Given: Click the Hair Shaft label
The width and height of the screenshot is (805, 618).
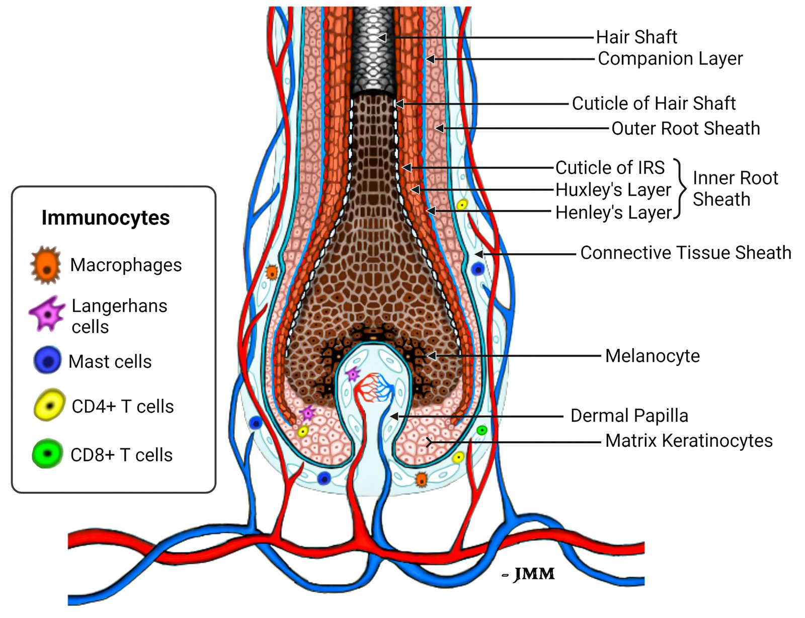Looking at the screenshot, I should [x=636, y=37].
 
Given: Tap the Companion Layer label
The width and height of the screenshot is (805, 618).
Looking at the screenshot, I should [x=670, y=59].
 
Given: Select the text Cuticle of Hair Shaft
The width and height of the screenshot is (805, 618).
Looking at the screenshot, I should [x=654, y=104].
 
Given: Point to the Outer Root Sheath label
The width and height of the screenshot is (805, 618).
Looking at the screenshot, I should [x=685, y=129].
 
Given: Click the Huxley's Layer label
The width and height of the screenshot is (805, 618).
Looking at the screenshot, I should [x=613, y=190].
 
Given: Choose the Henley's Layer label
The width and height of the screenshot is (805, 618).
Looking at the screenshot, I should [x=614, y=213].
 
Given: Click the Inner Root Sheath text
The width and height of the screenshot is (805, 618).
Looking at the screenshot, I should [x=735, y=189].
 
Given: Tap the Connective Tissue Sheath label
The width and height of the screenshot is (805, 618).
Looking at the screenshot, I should [x=686, y=253].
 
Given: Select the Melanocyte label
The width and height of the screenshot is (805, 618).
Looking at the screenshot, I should [x=653, y=356].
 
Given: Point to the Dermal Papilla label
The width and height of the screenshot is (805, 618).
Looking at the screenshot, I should [x=629, y=416].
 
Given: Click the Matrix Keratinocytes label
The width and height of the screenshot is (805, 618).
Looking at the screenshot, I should [x=689, y=441].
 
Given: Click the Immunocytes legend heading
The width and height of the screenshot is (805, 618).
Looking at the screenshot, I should [x=106, y=218].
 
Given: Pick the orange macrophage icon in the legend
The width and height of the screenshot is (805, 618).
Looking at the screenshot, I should [x=46, y=265].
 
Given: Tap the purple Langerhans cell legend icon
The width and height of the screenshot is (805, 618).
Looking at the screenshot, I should [x=47, y=314].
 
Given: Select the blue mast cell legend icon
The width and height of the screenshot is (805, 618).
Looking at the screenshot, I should [x=47, y=360].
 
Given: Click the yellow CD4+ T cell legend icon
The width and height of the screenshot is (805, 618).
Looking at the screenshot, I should [x=49, y=405].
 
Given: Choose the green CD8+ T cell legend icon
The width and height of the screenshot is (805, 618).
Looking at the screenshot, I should [x=47, y=453].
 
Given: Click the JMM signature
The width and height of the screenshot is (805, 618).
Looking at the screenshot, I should [x=533, y=574].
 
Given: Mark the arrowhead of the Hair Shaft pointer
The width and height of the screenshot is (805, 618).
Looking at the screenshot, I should [x=382, y=38].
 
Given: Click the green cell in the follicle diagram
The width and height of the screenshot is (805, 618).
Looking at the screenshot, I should [x=481, y=430].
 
